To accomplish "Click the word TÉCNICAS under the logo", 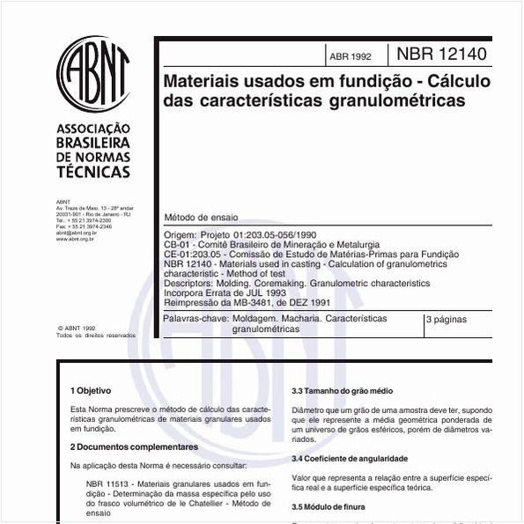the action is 92,172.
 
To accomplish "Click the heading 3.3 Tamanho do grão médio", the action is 343,390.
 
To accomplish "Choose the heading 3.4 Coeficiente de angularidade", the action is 350,459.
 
